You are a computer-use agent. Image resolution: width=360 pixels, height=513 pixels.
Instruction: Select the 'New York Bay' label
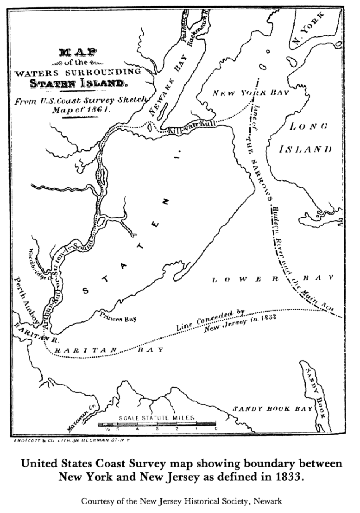tap(251, 93)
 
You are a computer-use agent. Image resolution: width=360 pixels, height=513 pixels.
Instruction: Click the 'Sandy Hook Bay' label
tap(272, 409)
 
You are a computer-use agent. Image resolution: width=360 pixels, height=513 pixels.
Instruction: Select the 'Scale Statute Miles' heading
tap(157, 418)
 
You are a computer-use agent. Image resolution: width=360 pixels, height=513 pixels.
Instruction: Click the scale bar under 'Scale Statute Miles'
tap(157, 423)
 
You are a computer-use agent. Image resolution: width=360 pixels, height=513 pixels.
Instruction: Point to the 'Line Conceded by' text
tap(211, 320)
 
